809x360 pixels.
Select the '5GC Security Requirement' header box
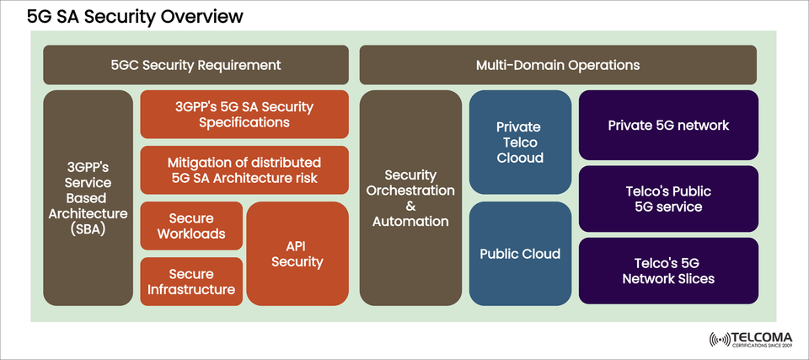coord(196,65)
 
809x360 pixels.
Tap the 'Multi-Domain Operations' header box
coord(558,65)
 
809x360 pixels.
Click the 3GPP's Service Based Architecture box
coord(88,197)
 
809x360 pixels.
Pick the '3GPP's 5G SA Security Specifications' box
coord(244,115)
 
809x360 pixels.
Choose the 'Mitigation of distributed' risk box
coord(244,169)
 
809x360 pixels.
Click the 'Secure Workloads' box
coord(191,226)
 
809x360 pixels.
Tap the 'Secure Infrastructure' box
coord(191,282)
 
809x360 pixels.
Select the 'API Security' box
coord(297,254)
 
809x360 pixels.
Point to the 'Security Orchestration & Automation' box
coord(410,197)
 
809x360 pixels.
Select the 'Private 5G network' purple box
coord(668,126)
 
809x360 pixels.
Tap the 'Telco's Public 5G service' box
coord(668,198)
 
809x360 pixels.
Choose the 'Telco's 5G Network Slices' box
coord(668,271)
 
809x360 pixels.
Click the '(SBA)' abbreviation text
coord(88,228)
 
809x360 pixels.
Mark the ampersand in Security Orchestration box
coord(410,205)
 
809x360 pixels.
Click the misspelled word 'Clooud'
coord(520,158)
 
